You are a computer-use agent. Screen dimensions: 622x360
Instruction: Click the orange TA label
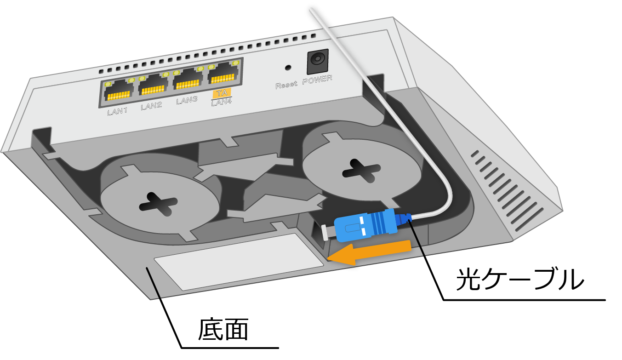pyautogui.click(x=222, y=93)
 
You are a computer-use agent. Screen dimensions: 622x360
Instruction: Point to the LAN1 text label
pyautogui.click(x=117, y=112)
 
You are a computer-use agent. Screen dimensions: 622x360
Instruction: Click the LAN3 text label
pyautogui.click(x=187, y=100)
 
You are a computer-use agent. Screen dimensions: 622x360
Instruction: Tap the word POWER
pyautogui.click(x=317, y=80)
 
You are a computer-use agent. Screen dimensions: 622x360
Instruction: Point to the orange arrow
pyautogui.click(x=369, y=252)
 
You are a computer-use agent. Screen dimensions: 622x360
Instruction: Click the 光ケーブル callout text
pyautogui.click(x=520, y=280)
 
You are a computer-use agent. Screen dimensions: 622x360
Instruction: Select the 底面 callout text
pyautogui.click(x=223, y=330)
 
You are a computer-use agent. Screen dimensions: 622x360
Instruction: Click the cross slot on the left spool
pyautogui.click(x=158, y=204)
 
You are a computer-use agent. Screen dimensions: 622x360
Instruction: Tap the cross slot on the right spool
pyautogui.click(x=361, y=171)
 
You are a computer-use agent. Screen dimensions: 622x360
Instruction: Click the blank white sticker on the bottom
pyautogui.click(x=239, y=262)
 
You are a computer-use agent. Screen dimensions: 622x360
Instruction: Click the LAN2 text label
pyautogui.click(x=151, y=106)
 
